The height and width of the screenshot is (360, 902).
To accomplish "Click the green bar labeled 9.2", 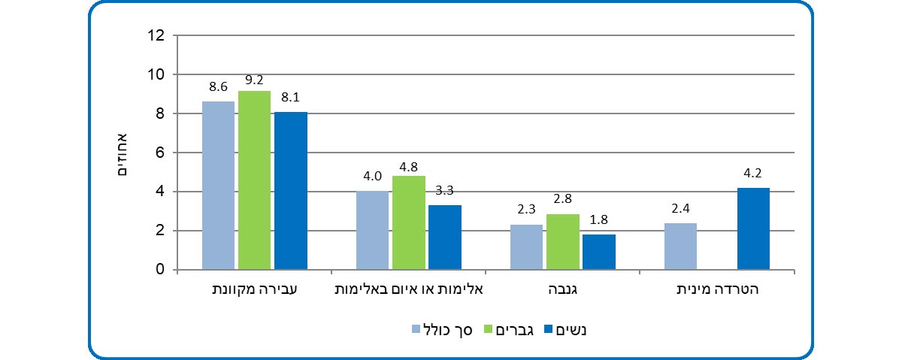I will pyautogui.click(x=254, y=180).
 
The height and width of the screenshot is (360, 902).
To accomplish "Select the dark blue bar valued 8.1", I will pyautogui.click(x=291, y=191).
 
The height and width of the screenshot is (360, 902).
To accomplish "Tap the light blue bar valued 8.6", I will pyautogui.click(x=218, y=186).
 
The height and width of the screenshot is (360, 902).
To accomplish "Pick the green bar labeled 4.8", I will pyautogui.click(x=409, y=223).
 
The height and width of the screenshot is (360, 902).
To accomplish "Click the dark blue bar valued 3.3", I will pyautogui.click(x=445, y=237).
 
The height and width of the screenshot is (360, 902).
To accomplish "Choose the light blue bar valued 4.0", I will pyautogui.click(x=372, y=231).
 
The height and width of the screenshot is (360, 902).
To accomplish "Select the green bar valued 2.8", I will pyautogui.click(x=563, y=242).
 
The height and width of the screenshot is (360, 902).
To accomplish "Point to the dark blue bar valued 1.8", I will pyautogui.click(x=599, y=252).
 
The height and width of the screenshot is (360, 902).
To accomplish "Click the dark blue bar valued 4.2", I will pyautogui.click(x=753, y=228).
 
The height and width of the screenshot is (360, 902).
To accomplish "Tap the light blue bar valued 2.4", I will pyautogui.click(x=681, y=247).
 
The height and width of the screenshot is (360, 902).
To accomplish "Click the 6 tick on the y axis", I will pyautogui.click(x=160, y=153).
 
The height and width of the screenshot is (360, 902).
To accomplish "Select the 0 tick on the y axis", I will pyautogui.click(x=160, y=270).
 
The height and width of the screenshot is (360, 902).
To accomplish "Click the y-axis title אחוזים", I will pyautogui.click(x=125, y=153).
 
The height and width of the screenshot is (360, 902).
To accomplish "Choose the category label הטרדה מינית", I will pyautogui.click(x=717, y=289).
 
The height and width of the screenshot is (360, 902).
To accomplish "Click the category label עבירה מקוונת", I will pyautogui.click(x=255, y=289).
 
